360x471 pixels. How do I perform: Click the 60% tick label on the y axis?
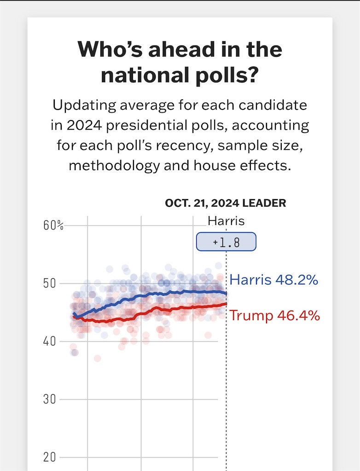point(53,225)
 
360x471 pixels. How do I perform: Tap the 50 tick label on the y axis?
point(50,283)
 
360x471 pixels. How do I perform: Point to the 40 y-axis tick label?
point(50,341)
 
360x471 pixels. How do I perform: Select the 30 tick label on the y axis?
point(50,399)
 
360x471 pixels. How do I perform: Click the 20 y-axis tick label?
point(50,457)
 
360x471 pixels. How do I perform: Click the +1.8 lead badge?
point(226,241)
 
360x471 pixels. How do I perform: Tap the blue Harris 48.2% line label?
point(274,280)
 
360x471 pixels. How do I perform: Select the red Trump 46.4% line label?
point(274,316)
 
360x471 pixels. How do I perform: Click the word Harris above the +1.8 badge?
point(226,221)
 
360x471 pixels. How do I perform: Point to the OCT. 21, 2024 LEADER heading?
point(226,203)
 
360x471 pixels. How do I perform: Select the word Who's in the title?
point(110,49)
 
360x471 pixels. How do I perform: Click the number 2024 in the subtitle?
point(84,125)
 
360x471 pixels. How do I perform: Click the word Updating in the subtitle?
point(84,106)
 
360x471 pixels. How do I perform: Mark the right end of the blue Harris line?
point(226,293)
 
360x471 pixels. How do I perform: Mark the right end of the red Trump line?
point(226,304)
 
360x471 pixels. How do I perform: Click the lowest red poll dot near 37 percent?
point(98,358)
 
